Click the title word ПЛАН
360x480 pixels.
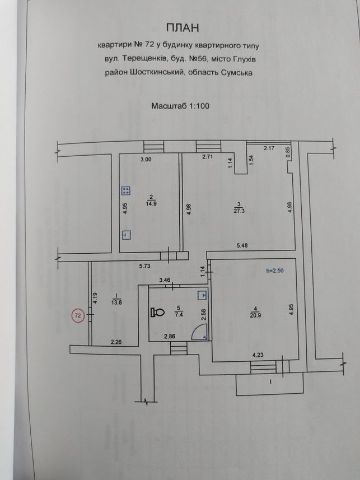183,28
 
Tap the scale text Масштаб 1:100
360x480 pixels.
181,106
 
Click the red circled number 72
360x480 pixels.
78,315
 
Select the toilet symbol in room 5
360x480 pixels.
158,312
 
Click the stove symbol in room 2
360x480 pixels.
126,191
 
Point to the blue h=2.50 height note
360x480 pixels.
277,271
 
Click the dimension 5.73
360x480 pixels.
145,266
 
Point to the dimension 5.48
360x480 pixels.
242,245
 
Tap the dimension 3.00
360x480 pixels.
146,159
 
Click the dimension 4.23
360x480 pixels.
258,355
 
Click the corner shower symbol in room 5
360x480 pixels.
199,333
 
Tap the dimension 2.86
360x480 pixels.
170,337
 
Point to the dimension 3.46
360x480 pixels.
165,279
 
